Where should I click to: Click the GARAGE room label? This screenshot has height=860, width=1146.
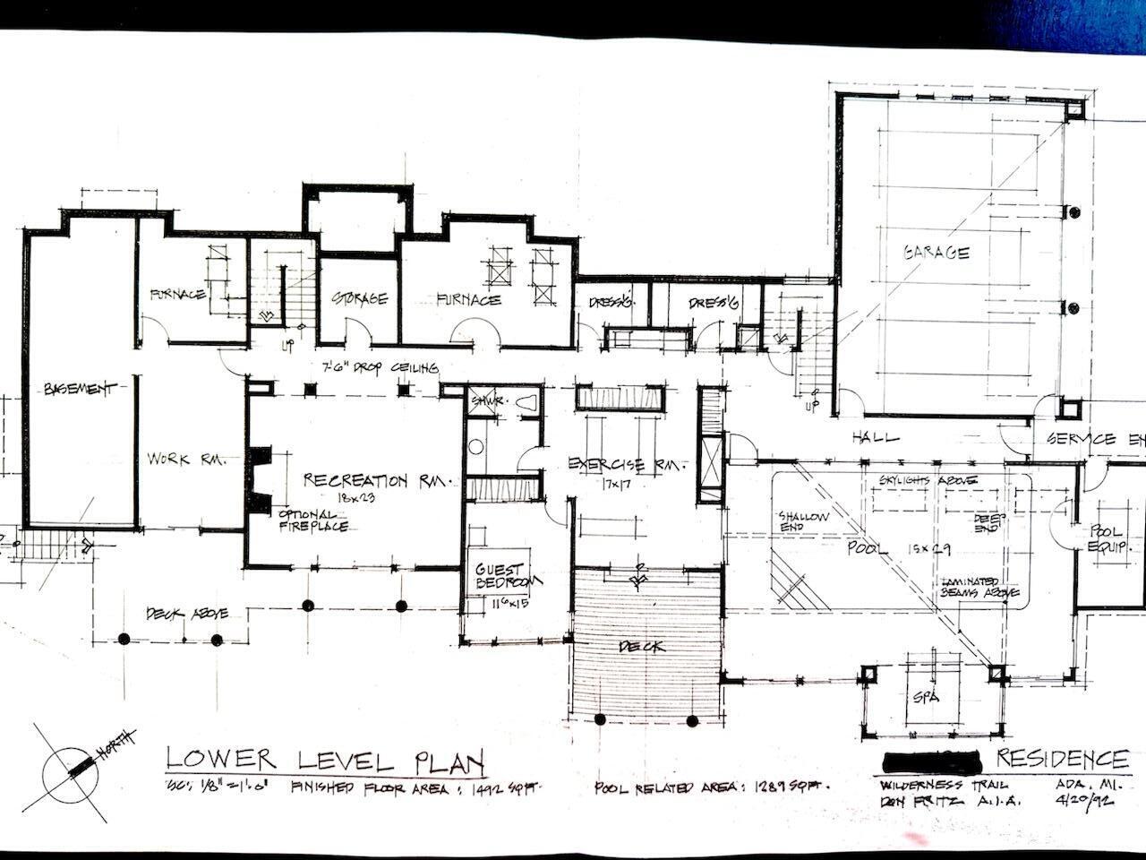tap(936, 252)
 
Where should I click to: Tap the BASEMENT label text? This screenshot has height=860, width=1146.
tap(79, 389)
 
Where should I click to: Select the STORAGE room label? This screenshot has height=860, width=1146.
tap(359, 298)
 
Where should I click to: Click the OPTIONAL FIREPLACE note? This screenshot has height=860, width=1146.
tap(309, 521)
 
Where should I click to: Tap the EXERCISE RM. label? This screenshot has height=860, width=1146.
tap(628, 465)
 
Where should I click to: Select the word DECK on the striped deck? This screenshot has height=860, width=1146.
tap(642, 646)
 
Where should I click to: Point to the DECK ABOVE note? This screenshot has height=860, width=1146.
tap(187, 614)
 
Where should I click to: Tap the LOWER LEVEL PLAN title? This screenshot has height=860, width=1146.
tap(327, 761)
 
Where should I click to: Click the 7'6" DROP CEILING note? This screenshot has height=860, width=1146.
tap(381, 367)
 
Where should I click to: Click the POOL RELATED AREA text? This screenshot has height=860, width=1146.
tap(712, 788)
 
